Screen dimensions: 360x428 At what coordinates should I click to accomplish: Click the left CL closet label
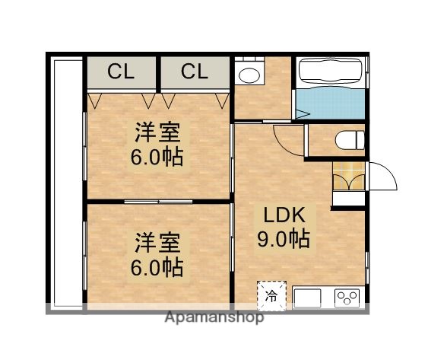tap(120, 72)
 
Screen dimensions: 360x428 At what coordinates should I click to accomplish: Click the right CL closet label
tap(194, 72)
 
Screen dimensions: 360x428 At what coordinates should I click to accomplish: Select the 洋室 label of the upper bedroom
tap(157, 132)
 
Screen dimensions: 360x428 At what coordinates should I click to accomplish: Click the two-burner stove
tap(348, 296)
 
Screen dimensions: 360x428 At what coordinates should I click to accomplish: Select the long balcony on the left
tap(65, 183)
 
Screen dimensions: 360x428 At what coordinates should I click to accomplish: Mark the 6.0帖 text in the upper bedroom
tap(157, 158)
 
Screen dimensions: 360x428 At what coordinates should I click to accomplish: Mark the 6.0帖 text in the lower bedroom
tap(157, 268)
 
